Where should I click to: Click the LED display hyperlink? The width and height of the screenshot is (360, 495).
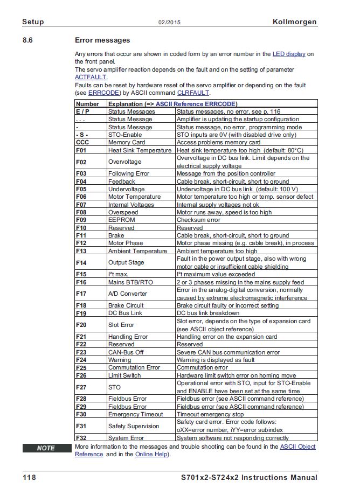[x=289, y=54]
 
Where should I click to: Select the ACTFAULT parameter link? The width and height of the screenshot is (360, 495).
[x=87, y=77]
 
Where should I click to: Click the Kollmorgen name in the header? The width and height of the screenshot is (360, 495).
[x=295, y=22]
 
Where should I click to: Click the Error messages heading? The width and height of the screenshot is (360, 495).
[x=102, y=40]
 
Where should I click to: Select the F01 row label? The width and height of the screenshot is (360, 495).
[x=81, y=150]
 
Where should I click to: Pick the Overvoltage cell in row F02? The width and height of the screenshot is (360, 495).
[x=124, y=162]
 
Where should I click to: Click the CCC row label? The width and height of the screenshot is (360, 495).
[x=82, y=142]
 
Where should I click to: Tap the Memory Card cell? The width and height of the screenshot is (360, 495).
[x=127, y=142]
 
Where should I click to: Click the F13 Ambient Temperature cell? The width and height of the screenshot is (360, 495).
[x=137, y=251]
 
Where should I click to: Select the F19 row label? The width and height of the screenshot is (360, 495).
[x=81, y=313]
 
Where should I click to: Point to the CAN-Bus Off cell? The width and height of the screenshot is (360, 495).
[x=126, y=352]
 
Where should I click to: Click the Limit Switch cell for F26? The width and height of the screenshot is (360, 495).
[x=124, y=375]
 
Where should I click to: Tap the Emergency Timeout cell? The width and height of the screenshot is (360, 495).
[x=135, y=414]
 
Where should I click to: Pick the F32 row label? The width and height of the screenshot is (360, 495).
[x=81, y=438]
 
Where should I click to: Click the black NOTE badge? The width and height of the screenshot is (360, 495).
[x=46, y=448]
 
